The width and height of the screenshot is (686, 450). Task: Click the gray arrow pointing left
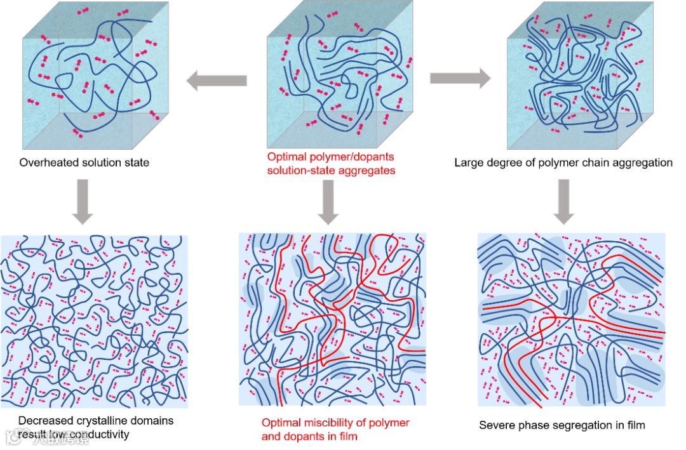tap(216, 80)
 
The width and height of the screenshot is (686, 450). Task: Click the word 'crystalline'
tap(96, 420)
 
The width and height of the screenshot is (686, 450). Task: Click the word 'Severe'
tap(495, 425)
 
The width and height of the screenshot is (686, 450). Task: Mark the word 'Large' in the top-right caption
tap(468, 162)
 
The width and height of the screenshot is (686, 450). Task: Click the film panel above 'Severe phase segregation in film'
tap(571, 319)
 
